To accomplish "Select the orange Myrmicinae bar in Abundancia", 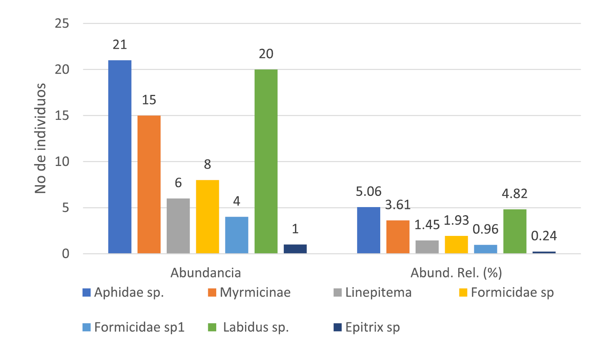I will [149, 184].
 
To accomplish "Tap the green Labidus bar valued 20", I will [266, 161].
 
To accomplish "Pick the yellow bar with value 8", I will [207, 217].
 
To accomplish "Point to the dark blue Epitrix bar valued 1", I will [295, 249].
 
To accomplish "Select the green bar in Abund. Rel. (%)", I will [515, 231].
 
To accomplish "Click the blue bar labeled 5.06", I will [369, 230].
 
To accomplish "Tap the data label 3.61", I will [398, 205].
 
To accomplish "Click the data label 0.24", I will [544, 236].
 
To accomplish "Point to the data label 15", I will [149, 100].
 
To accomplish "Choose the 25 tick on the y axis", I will [62, 23].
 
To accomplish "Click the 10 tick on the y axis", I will [62, 162].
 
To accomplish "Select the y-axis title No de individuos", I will [40, 138].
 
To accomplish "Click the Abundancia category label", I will [206, 273].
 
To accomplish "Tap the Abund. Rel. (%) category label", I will [456, 273].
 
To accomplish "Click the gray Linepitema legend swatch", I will [338, 293].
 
